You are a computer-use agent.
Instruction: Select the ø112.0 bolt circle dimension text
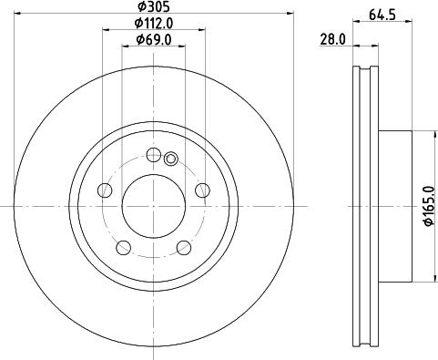[x=154, y=22]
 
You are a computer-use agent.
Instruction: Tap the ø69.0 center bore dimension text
[x=154, y=39]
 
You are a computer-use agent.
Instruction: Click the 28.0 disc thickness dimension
[x=332, y=40]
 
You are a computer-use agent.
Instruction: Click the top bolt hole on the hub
[x=152, y=154]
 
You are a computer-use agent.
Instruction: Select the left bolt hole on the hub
[x=104, y=190]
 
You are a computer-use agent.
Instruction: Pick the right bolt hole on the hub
[x=201, y=190]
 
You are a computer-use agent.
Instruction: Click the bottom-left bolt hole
[x=122, y=246]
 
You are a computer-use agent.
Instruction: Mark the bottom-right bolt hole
[x=183, y=246]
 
